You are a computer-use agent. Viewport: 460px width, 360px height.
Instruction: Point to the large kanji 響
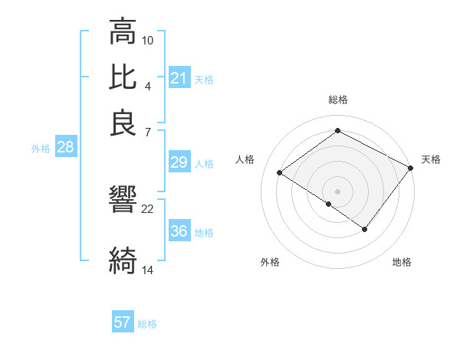click(x=123, y=199)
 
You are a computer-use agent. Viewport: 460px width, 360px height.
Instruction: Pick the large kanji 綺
click(x=123, y=260)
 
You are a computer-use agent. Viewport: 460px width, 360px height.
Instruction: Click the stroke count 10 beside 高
click(x=148, y=40)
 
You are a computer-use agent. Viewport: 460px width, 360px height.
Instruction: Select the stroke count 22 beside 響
click(x=148, y=208)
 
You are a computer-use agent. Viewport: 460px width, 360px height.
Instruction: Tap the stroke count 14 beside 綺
click(x=148, y=270)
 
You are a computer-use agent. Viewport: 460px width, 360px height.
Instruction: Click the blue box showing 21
click(x=179, y=78)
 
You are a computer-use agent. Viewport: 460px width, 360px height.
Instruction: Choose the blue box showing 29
click(x=179, y=162)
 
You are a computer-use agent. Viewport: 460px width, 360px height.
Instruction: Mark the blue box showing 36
click(x=179, y=232)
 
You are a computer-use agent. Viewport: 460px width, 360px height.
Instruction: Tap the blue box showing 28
click(x=65, y=148)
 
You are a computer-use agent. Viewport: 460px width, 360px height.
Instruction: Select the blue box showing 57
click(x=123, y=322)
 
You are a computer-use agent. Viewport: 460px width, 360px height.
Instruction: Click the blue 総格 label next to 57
click(x=147, y=324)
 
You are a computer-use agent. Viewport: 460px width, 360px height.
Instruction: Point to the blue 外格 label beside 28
click(x=41, y=149)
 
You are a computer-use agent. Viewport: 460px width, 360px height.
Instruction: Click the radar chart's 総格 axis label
click(x=338, y=100)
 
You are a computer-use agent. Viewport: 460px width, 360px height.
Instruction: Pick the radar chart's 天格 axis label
click(x=431, y=159)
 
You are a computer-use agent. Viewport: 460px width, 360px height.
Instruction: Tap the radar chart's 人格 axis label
click(x=245, y=159)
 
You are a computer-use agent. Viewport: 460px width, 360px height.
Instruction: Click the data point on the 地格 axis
click(x=365, y=229)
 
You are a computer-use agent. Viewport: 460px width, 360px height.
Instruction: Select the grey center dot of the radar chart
click(x=338, y=191)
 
